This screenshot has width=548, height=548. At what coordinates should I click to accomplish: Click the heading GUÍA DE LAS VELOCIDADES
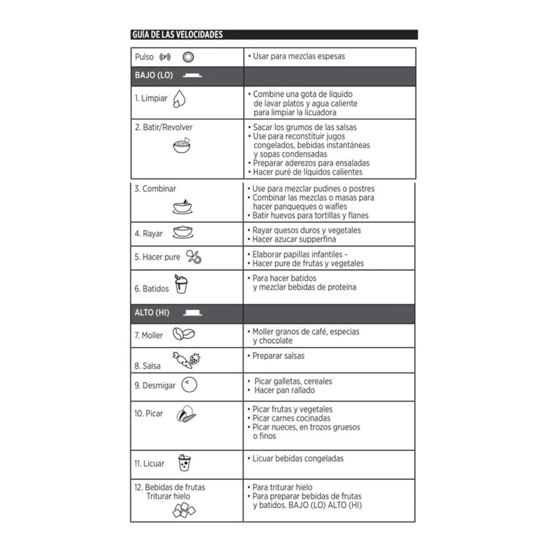point(177,35)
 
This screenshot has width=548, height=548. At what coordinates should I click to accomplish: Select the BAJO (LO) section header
point(154,76)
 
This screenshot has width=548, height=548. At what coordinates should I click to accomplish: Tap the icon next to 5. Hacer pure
point(193,257)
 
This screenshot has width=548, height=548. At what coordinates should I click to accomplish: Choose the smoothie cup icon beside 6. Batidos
point(182,284)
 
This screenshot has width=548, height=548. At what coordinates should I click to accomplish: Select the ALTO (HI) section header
point(152,313)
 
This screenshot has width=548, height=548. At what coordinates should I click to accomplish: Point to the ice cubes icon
point(184,512)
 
